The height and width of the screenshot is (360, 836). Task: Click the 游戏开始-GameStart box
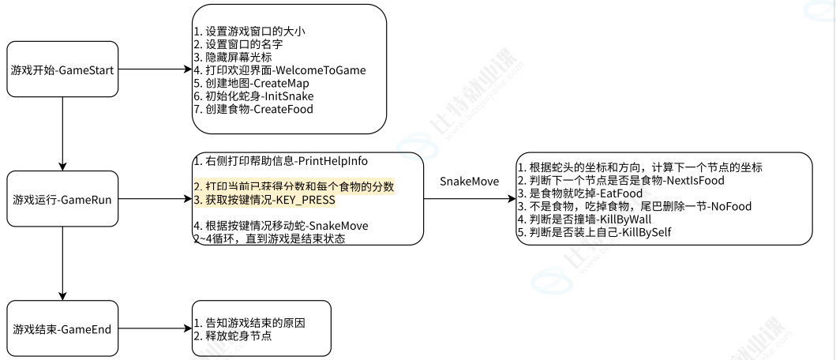[62, 70]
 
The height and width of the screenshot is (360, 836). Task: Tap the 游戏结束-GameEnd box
[62, 326]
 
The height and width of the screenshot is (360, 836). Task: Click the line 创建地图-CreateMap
[251, 84]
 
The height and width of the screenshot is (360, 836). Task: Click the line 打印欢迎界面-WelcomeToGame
[279, 70]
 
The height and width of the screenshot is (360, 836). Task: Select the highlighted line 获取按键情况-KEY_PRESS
[264, 200]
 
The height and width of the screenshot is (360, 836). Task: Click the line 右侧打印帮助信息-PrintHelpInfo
[281, 161]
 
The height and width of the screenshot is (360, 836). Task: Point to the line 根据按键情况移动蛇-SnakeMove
[280, 226]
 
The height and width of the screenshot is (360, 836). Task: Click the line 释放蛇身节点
[234, 336]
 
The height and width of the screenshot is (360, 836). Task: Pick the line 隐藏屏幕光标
[233, 58]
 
